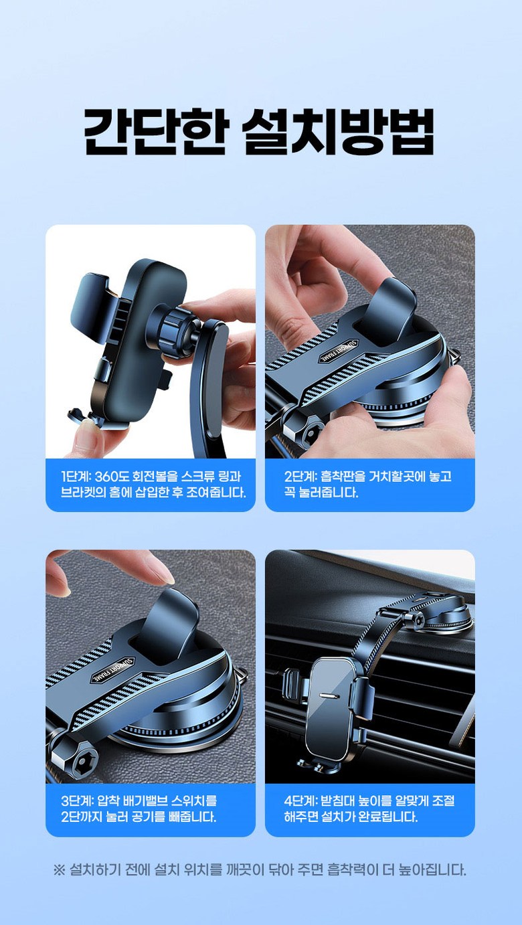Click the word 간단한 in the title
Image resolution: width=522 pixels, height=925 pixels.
[x=155, y=131]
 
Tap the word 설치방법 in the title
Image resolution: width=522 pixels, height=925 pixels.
[x=338, y=131]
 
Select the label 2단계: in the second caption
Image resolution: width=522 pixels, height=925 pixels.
[x=300, y=477]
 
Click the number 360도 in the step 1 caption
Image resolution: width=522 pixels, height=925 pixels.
[x=112, y=477]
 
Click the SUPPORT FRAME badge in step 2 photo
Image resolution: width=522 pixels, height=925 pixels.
[x=336, y=351]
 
